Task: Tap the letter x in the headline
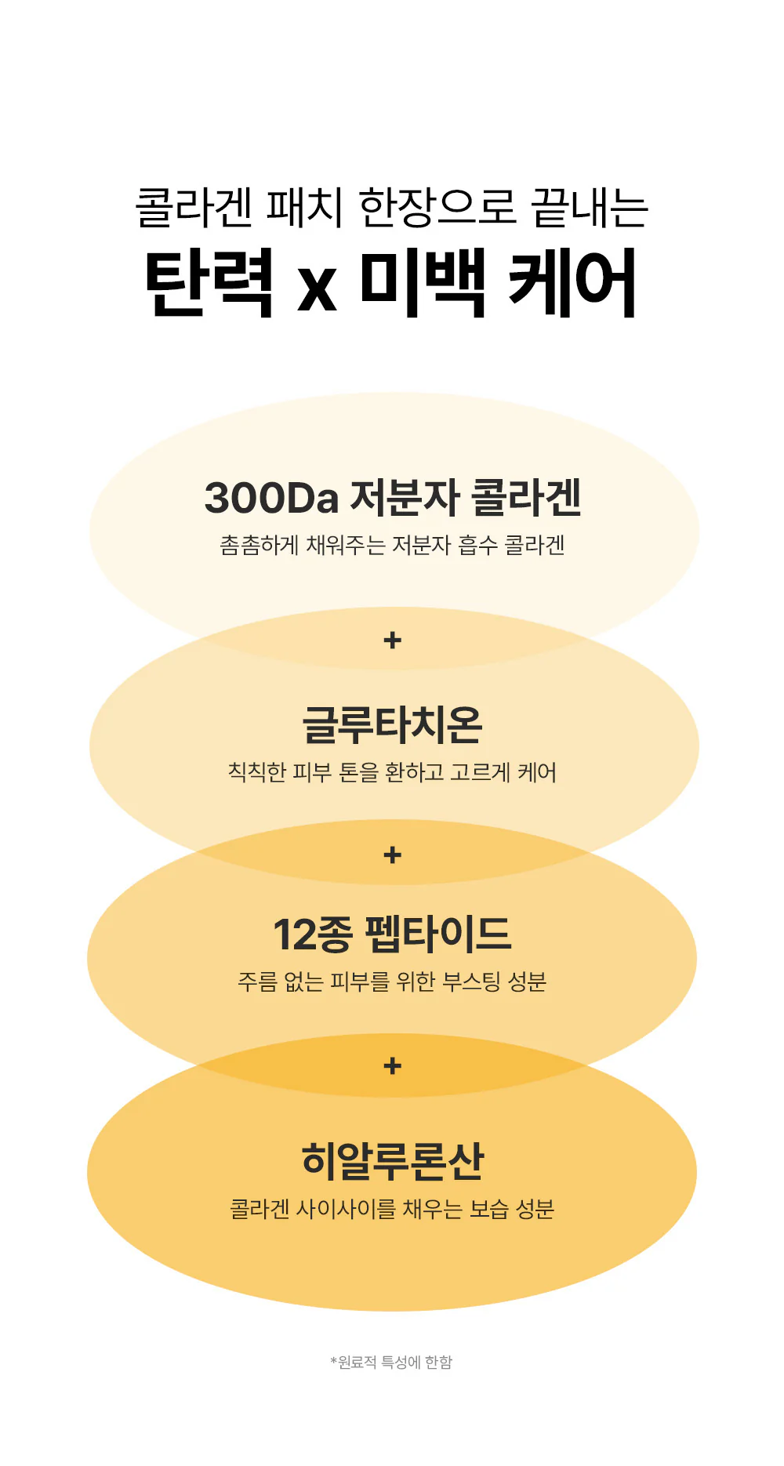[x=317, y=289]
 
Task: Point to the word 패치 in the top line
[x=305, y=208]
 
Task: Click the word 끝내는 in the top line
[x=590, y=208]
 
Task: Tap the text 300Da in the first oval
[x=271, y=498]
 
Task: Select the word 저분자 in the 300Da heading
[x=405, y=498]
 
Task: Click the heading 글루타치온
[x=392, y=724]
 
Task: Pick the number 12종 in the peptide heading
[x=312, y=934]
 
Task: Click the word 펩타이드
[x=438, y=934]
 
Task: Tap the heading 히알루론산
[x=393, y=1161]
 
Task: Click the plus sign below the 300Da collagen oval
[x=393, y=640]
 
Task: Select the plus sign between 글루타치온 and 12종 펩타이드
[x=393, y=855]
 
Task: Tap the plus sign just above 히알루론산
[x=393, y=1066]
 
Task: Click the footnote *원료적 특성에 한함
[x=392, y=1363]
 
